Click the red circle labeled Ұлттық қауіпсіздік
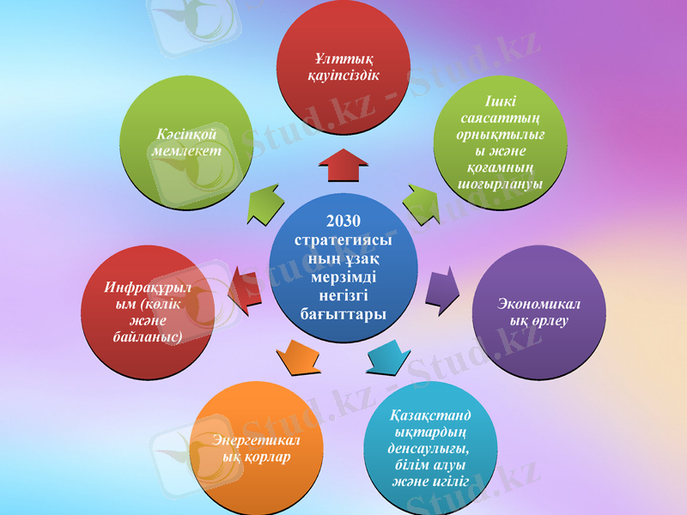coord(343,73)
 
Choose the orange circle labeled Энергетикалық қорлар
coord(257,446)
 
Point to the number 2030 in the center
coord(343,221)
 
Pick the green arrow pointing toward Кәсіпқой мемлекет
coord(264,205)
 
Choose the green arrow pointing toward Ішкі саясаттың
coord(423,204)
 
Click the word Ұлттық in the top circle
coord(343,59)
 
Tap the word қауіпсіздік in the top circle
coord(343,75)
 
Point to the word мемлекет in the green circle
coord(185,150)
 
